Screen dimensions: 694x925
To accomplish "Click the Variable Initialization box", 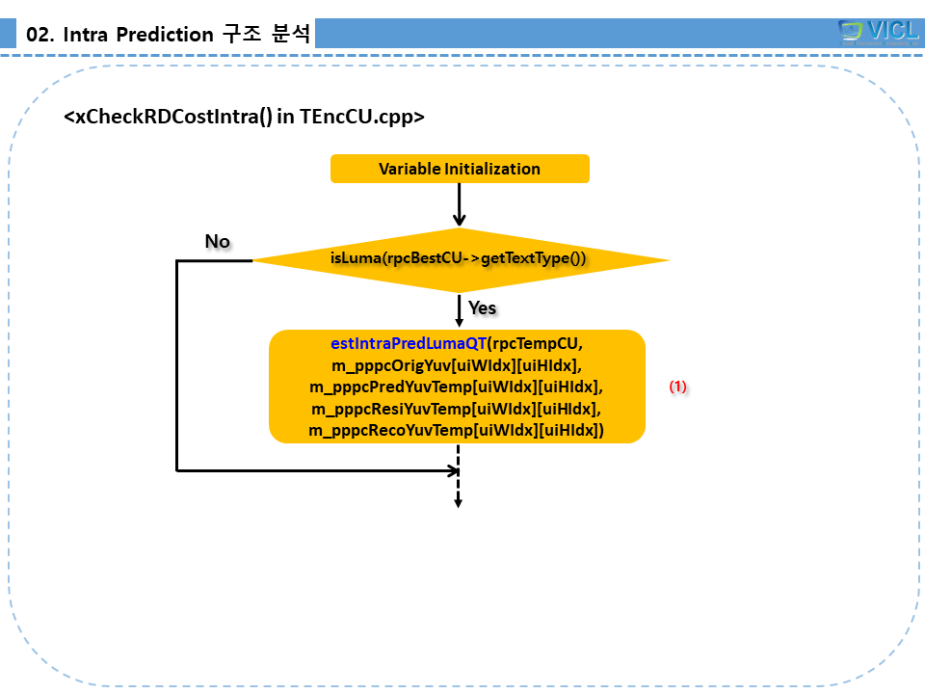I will tap(460, 169).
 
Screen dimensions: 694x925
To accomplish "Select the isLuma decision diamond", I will tap(460, 259).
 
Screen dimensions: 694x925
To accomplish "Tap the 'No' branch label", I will tap(218, 241).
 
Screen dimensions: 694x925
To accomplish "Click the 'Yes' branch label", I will tap(482, 307).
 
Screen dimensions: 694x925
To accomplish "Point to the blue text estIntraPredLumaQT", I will tap(409, 344).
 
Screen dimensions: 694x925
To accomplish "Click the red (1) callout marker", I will tap(678, 387).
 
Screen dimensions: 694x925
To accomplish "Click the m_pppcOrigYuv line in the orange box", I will tap(457, 365).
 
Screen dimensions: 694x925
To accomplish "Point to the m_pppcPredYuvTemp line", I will tap(457, 387).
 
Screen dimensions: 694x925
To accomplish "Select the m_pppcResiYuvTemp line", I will tap(457, 409).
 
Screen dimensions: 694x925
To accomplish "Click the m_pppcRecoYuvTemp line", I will tap(457, 430).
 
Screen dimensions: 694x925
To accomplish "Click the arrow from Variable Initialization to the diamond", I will tap(460, 204).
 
